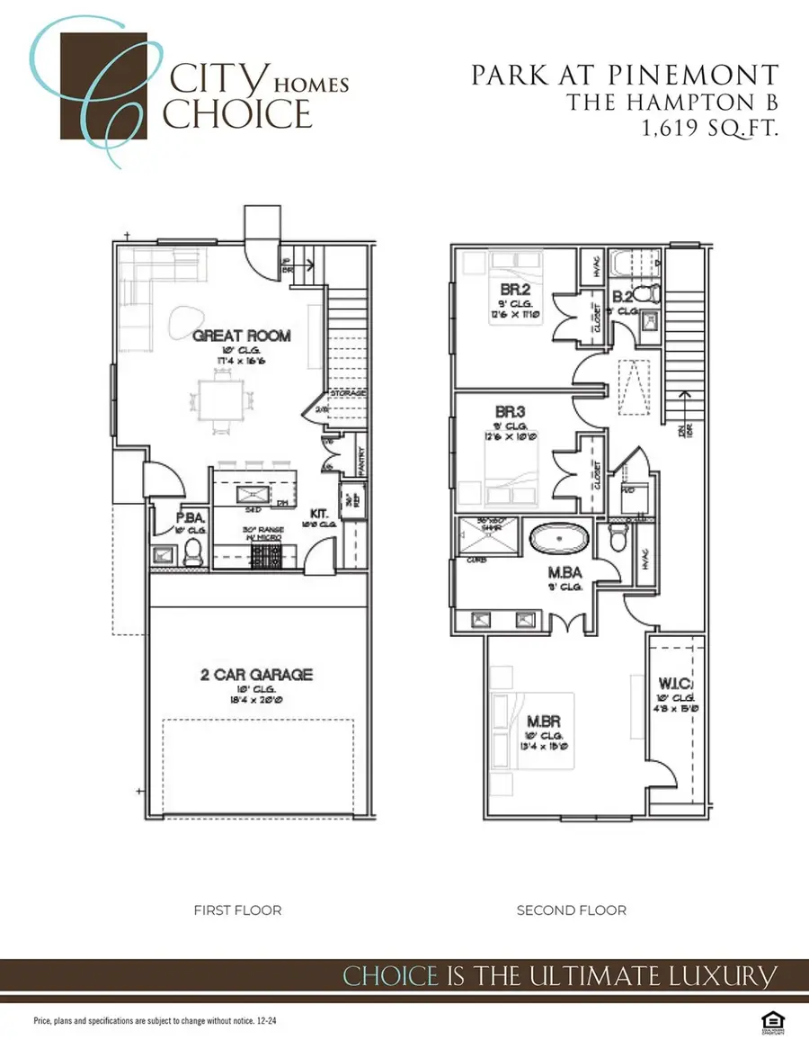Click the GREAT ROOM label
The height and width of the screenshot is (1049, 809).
tap(242, 336)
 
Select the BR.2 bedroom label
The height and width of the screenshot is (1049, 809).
tap(512, 290)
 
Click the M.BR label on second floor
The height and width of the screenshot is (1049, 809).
tap(546, 722)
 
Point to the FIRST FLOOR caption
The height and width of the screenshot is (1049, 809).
tap(237, 910)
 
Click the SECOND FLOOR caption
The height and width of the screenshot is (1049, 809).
tap(572, 910)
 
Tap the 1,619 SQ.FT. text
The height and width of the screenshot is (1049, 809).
tap(709, 129)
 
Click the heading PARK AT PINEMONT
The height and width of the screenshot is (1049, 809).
tap(625, 76)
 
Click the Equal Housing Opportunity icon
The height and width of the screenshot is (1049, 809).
tap(769, 1021)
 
